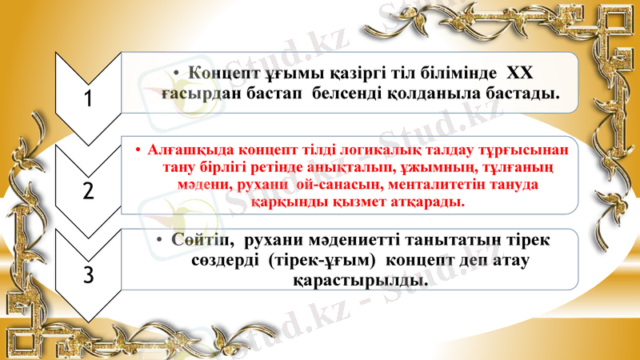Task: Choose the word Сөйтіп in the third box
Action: click(x=198, y=240)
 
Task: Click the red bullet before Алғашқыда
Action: click(x=138, y=150)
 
